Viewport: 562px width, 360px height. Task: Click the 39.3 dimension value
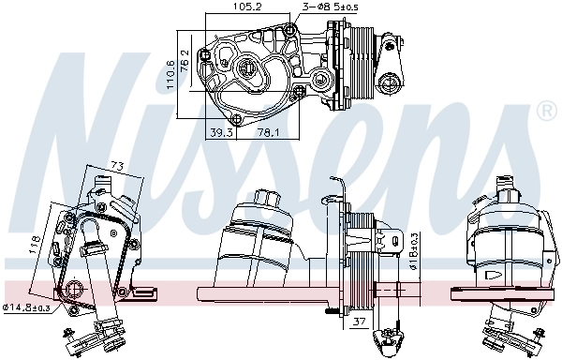coord(223,132)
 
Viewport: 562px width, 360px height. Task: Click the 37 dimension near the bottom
coord(360,322)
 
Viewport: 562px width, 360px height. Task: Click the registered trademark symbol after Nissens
coord(544,112)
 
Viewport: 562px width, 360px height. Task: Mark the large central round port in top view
coord(248,67)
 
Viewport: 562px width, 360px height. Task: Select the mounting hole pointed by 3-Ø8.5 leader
coord(289,32)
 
